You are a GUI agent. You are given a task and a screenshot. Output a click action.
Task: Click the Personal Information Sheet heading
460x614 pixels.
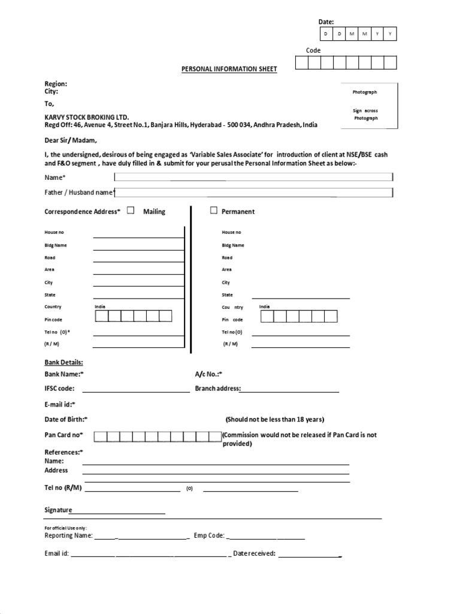coord(229,69)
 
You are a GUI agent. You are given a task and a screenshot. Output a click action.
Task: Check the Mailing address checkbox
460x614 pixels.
coord(131,210)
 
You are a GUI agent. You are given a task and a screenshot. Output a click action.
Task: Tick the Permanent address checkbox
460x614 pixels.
coord(213,210)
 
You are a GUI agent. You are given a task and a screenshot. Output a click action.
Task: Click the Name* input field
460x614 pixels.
coord(253,177)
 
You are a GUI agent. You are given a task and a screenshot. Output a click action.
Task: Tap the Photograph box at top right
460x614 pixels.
coord(369,105)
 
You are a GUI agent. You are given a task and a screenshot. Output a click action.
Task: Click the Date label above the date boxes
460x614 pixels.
coord(326,22)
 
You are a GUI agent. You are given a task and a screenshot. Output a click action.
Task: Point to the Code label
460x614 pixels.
coord(313,50)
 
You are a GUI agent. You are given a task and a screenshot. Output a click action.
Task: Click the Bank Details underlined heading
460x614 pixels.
coord(63,362)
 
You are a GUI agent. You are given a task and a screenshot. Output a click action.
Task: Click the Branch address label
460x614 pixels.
coord(217,389)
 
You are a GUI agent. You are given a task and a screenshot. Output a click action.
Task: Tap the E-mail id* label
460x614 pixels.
coord(60,404)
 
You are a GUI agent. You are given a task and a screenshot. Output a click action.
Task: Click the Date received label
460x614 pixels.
coord(254,553)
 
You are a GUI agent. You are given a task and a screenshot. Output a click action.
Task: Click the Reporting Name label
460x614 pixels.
coord(68,535)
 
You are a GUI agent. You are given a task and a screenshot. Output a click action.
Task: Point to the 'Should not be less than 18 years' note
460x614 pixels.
coord(275,419)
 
